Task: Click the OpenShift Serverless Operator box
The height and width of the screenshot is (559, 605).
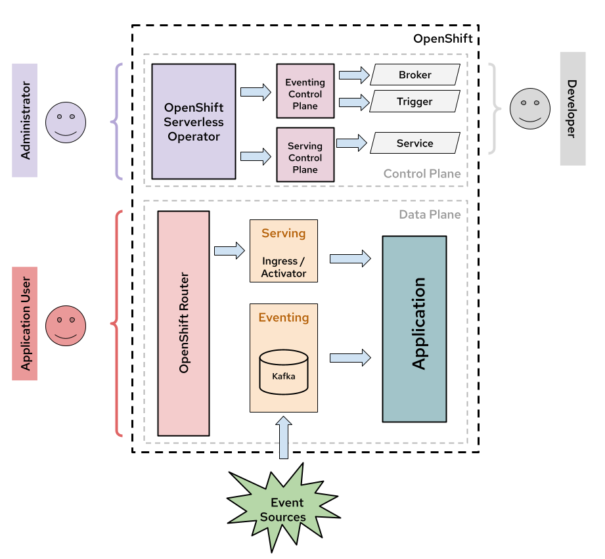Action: point(194,122)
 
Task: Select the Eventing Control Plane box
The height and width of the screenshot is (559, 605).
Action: point(305,91)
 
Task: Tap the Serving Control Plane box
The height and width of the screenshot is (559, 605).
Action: point(305,154)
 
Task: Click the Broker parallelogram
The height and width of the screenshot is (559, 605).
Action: point(415,75)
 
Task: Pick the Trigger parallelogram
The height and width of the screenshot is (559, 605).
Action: point(415,102)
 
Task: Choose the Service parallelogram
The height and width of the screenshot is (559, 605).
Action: point(415,143)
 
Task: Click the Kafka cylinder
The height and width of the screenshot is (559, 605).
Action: point(284,372)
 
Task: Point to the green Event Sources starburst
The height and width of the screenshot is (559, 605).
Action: point(282,510)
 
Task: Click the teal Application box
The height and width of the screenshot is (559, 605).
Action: point(415,329)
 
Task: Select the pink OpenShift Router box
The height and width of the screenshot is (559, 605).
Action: point(183,323)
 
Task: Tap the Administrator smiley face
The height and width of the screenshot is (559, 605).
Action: point(66,122)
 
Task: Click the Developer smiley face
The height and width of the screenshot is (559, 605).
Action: point(530,108)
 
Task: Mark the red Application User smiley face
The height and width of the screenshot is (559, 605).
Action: point(66,326)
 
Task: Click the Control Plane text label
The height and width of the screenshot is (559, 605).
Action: point(422,174)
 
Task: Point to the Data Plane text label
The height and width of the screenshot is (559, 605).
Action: point(430,215)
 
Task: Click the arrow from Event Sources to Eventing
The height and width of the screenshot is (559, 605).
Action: point(284,438)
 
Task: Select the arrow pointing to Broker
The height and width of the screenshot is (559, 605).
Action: point(354,75)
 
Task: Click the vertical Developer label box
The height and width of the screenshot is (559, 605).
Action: point(572,109)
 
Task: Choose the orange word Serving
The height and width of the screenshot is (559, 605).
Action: point(284,233)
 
